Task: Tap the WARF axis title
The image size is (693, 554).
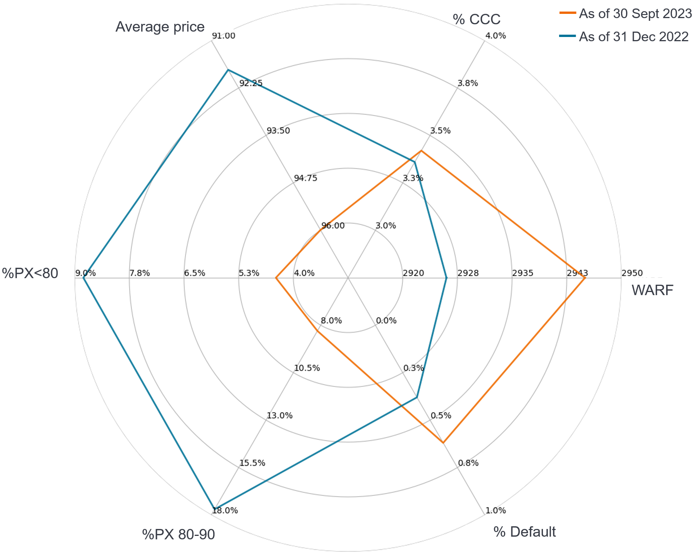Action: point(652,290)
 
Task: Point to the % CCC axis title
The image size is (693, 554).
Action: point(477,19)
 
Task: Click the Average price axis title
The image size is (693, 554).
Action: point(160,27)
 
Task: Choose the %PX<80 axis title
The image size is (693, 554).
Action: point(30,274)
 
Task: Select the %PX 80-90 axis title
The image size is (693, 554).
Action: point(179,535)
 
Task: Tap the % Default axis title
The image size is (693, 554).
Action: point(524,532)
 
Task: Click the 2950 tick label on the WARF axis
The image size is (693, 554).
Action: point(632,274)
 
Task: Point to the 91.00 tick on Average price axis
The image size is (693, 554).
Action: point(224,36)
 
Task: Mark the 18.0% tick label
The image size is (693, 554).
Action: point(225,511)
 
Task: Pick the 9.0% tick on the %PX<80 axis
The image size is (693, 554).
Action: point(85,274)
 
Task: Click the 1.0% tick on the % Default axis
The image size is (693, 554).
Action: point(496,511)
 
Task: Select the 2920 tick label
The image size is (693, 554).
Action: point(413,274)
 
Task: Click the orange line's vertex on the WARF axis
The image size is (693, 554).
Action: point(585,278)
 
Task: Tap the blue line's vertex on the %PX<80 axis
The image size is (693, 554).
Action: point(84,278)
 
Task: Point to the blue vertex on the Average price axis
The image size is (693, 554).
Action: point(228,70)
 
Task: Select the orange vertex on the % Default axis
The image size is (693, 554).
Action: point(443,443)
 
